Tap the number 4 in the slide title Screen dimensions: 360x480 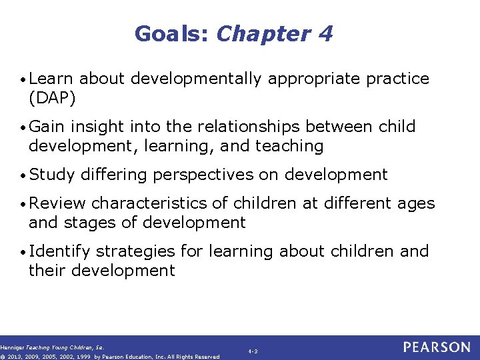pyautogui.click(x=325, y=33)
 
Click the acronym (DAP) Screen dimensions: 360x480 pyautogui.click(x=52, y=98)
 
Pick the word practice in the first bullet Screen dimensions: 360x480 pyautogui.click(x=397, y=79)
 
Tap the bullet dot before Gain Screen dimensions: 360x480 pyautogui.click(x=24, y=127)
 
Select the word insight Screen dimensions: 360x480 pyautogui.click(x=99, y=127)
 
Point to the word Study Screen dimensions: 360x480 pyautogui.click(x=51, y=175)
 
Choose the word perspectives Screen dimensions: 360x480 pyautogui.click(x=203, y=175)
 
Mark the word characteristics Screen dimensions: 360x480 pyautogui.click(x=151, y=203)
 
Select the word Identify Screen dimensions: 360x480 pyautogui.click(x=59, y=251)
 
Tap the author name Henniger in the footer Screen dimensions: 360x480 pyautogui.click(x=13, y=347)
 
